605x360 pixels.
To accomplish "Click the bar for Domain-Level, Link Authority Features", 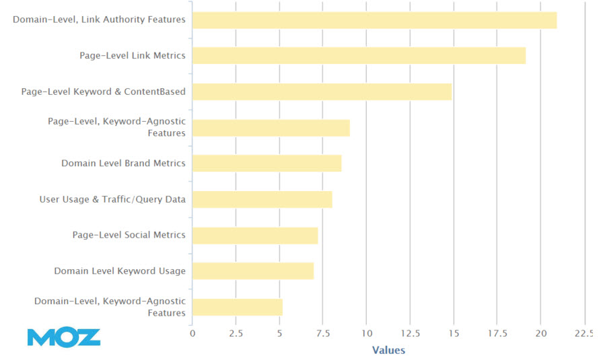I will pyautogui.click(x=374, y=20).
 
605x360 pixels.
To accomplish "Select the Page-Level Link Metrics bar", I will pyautogui.click(x=359, y=56).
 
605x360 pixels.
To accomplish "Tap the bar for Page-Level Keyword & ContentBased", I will pyautogui.click(x=322, y=92).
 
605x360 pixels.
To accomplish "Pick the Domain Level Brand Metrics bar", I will pyautogui.click(x=266, y=164).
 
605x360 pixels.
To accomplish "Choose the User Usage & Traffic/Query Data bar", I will pyautogui.click(x=262, y=199).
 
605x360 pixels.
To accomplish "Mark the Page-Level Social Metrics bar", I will pyautogui.click(x=254, y=236).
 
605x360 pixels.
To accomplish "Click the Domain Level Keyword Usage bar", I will pyautogui.click(x=252, y=271).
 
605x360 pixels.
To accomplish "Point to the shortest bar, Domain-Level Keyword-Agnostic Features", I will pyautogui.click(x=237, y=307).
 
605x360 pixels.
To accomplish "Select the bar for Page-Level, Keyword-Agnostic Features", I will pyautogui.click(x=271, y=128).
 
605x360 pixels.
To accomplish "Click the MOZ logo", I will pyautogui.click(x=64, y=336).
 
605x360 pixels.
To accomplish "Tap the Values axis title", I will pyautogui.click(x=388, y=350).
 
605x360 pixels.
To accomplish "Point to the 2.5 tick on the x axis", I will pyautogui.click(x=236, y=333).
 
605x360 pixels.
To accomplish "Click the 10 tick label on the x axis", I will pyautogui.click(x=366, y=333).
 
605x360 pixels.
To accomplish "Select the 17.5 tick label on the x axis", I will pyautogui.click(x=497, y=333).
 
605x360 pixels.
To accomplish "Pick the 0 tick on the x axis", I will pyautogui.click(x=192, y=333).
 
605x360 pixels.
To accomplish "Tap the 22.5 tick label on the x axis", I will pyautogui.click(x=583, y=333).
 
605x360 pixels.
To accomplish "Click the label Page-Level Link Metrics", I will pyautogui.click(x=132, y=55).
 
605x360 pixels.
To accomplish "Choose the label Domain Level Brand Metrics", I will pyautogui.click(x=123, y=163).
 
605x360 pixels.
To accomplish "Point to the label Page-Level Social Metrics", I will pyautogui.click(x=129, y=235).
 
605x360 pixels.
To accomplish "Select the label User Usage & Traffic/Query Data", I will pyautogui.click(x=113, y=199).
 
